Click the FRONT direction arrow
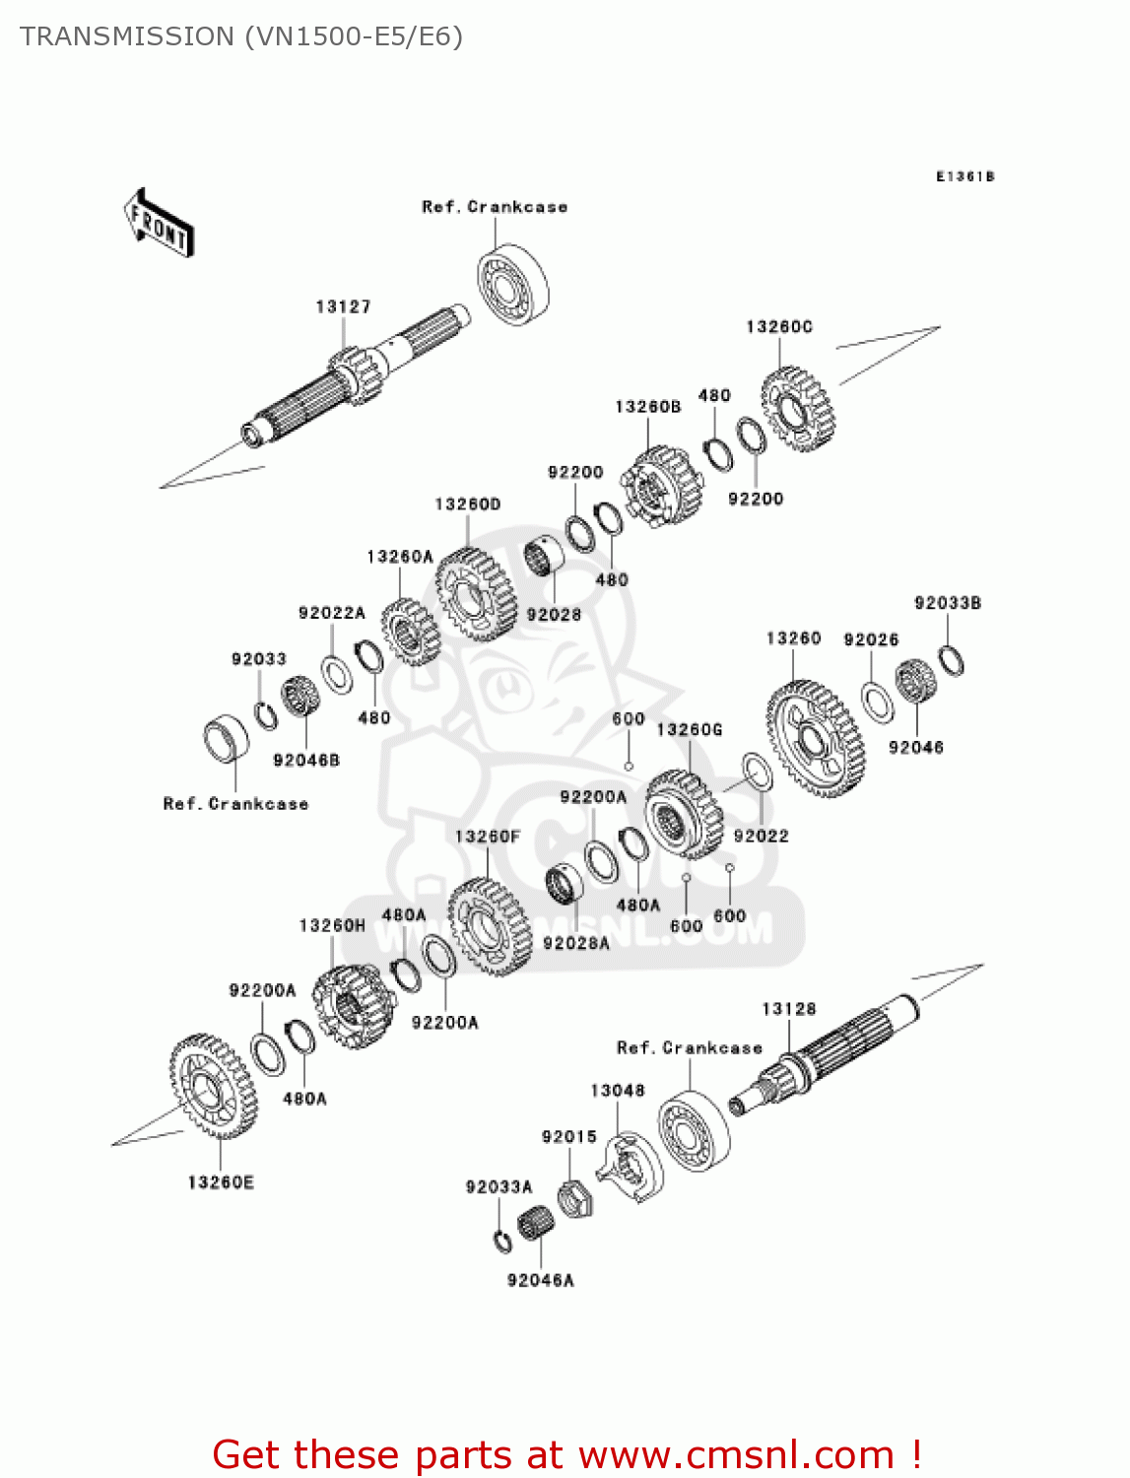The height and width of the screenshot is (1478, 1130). [x=159, y=223]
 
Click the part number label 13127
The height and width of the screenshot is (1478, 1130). [x=343, y=307]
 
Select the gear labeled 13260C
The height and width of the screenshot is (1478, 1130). [x=797, y=409]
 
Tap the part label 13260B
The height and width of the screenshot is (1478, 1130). [x=647, y=407]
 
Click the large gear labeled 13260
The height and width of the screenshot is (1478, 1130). [x=815, y=739]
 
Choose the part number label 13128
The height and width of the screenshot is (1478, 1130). [x=788, y=1009]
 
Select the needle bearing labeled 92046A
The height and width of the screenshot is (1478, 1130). [x=535, y=1223]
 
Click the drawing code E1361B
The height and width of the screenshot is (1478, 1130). [x=964, y=176]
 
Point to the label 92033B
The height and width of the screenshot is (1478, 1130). [x=947, y=603]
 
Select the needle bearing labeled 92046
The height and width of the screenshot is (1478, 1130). [x=914, y=681]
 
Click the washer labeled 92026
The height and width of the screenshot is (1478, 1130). [x=877, y=701]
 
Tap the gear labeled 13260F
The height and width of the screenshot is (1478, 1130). [x=489, y=926]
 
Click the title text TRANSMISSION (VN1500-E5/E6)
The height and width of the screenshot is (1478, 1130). [x=241, y=36]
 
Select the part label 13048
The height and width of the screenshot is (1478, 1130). [x=617, y=1091]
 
